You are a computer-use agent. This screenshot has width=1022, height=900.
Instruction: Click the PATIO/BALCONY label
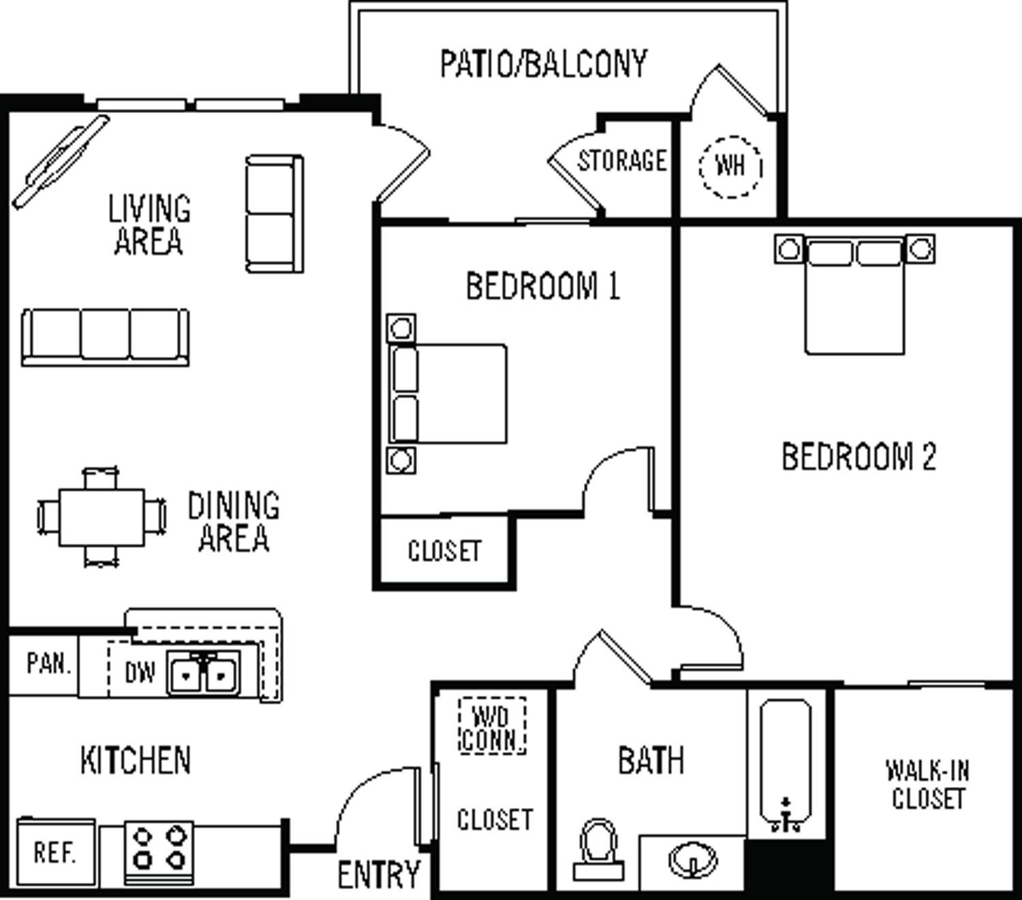(x=543, y=64)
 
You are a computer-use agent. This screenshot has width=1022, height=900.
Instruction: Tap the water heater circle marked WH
(x=730, y=165)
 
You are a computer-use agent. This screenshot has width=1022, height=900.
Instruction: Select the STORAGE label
(x=621, y=161)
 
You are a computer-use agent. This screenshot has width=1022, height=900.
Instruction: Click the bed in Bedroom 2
(x=854, y=300)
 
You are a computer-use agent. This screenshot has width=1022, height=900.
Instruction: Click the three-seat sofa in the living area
(x=105, y=336)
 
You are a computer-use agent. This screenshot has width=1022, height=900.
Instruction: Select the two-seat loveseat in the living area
(x=274, y=214)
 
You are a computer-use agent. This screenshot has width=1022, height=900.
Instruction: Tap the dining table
(x=102, y=517)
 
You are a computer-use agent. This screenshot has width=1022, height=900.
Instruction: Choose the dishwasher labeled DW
(x=139, y=673)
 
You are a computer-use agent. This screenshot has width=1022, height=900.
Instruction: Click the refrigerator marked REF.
(x=55, y=852)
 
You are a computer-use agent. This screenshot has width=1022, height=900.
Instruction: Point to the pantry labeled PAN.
(x=48, y=664)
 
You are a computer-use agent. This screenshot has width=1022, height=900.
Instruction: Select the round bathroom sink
(x=692, y=861)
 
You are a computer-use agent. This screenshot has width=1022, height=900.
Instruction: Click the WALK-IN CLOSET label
(x=927, y=784)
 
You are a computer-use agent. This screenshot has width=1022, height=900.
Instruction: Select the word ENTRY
(x=379, y=874)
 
